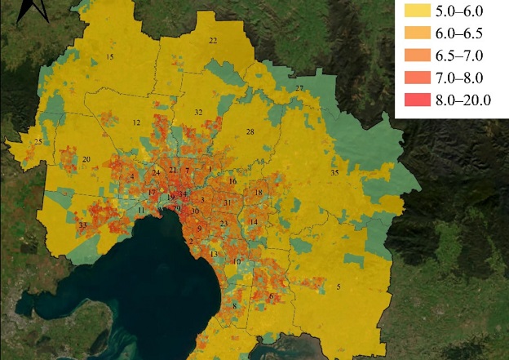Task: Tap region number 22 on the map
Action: tap(213, 41)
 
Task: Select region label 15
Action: tap(110, 56)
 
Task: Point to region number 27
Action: tap(299, 88)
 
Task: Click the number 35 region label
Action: tap(334, 173)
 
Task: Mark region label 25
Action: tap(38, 142)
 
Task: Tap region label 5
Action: tap(339, 286)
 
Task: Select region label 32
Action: tap(198, 112)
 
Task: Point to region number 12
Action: tap(136, 122)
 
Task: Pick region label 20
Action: tap(86, 159)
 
